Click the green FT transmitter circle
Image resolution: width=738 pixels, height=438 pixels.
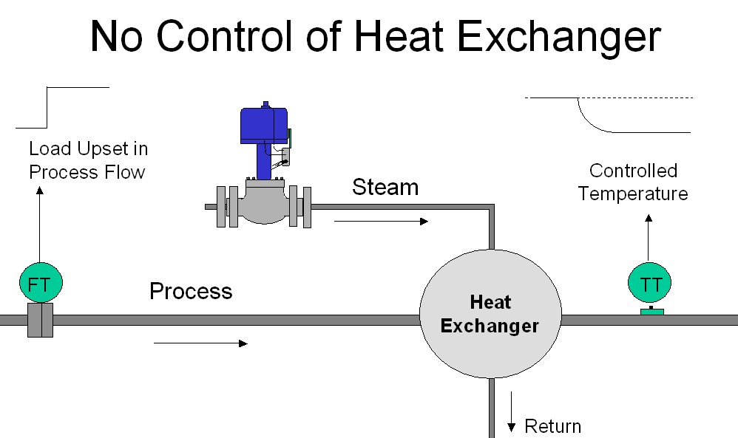[x=40, y=284]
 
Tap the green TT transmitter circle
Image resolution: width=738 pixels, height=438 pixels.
[x=651, y=284]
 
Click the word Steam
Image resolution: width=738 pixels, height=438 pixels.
[x=385, y=187]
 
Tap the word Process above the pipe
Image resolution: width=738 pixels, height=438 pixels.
[x=191, y=292]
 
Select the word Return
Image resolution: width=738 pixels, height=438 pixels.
[x=552, y=426]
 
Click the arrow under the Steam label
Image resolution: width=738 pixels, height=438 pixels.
[x=381, y=221]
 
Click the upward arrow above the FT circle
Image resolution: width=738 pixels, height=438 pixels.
[x=40, y=225]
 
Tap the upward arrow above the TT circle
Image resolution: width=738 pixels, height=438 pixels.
[x=649, y=240]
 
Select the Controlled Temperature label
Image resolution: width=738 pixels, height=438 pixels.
[x=633, y=182]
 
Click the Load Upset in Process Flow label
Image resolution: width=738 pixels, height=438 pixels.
[x=88, y=160]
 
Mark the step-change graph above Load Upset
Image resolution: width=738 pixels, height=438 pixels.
[x=63, y=106]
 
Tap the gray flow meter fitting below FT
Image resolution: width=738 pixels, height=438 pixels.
[x=40, y=321]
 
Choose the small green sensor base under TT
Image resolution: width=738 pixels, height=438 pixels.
[x=651, y=311]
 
